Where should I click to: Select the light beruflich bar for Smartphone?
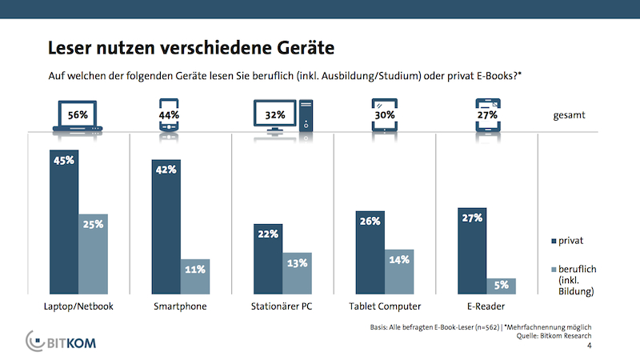pyautogui.click(x=195, y=278)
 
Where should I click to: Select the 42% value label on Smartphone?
pyautogui.click(x=166, y=170)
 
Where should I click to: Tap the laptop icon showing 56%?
pyautogui.click(x=78, y=115)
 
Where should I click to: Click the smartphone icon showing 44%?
pyautogui.click(x=168, y=115)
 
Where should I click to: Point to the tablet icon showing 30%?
pyautogui.click(x=384, y=115)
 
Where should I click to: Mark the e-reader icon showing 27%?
pyautogui.click(x=487, y=115)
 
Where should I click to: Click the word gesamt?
pyautogui.click(x=570, y=115)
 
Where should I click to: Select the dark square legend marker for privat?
pyautogui.click(x=554, y=239)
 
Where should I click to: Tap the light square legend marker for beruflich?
pyautogui.click(x=554, y=270)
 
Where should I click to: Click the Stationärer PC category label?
pyautogui.click(x=282, y=306)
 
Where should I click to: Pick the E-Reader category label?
pyautogui.click(x=486, y=306)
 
